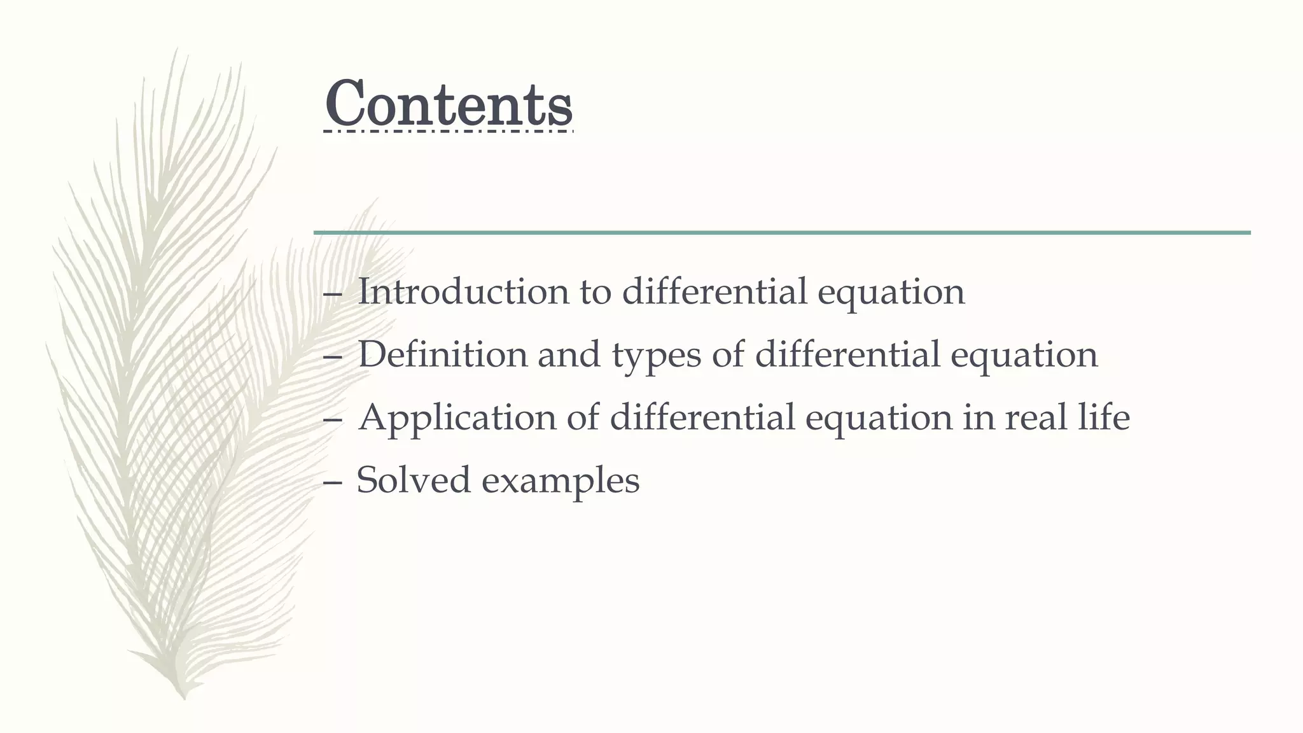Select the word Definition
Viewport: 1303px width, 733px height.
442,354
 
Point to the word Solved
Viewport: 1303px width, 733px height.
414,480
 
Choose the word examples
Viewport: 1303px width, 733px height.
561,481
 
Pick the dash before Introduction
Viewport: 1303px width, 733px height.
331,294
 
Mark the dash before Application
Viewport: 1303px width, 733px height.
331,420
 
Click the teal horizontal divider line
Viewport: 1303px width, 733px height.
783,233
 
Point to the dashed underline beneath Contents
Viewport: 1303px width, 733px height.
449,132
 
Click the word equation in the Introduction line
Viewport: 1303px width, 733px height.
891,293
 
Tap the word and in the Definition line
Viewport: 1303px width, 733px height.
569,354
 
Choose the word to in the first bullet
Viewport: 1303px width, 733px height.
595,293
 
